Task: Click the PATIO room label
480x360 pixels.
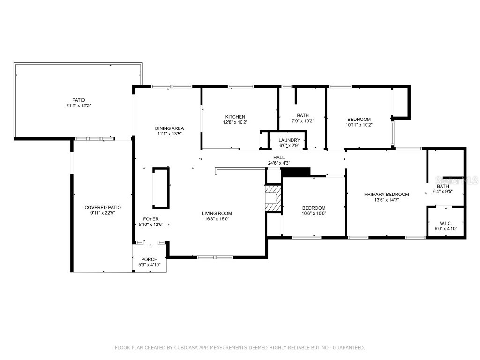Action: click(x=78, y=100)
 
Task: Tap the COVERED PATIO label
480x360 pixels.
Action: click(x=103, y=207)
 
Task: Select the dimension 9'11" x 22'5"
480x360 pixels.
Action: click(x=103, y=213)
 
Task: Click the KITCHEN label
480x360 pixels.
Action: click(x=235, y=117)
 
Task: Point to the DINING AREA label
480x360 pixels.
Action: click(x=169, y=128)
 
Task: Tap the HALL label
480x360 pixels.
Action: click(x=279, y=157)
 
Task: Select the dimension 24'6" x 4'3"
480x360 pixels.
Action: click(x=279, y=163)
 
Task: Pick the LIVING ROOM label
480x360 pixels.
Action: click(x=217, y=213)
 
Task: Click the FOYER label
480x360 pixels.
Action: click(x=150, y=219)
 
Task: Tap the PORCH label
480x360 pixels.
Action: click(x=150, y=259)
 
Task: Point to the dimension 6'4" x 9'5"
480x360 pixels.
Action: click(x=443, y=191)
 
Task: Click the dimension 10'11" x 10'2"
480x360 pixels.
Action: click(x=359, y=125)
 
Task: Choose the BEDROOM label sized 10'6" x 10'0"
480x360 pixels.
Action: click(x=314, y=208)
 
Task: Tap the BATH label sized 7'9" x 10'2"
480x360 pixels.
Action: click(x=302, y=115)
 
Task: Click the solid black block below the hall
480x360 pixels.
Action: click(x=296, y=172)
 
